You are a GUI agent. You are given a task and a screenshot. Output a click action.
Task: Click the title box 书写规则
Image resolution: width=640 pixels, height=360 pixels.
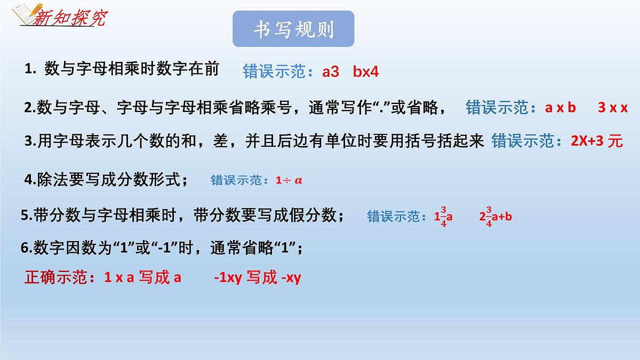(x=293, y=29)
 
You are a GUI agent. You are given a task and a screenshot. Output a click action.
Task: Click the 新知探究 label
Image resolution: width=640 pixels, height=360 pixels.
(x=69, y=19)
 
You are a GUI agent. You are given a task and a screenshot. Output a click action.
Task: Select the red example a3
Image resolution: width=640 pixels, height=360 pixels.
(x=331, y=72)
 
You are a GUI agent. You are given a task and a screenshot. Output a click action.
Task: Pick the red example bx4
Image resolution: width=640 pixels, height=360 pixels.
(x=366, y=72)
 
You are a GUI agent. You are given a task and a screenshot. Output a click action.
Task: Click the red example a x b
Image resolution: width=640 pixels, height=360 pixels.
(x=561, y=108)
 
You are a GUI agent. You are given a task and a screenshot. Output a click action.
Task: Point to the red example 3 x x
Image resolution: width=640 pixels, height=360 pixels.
(x=612, y=108)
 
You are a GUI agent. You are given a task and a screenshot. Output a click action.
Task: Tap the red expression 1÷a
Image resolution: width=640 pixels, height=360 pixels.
(x=289, y=180)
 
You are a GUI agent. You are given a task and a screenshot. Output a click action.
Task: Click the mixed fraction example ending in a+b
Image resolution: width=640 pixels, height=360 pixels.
(x=495, y=216)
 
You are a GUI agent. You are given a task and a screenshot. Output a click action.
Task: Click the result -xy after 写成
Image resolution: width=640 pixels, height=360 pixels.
(x=291, y=278)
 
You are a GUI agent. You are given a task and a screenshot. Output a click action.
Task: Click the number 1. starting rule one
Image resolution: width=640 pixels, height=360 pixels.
(x=30, y=69)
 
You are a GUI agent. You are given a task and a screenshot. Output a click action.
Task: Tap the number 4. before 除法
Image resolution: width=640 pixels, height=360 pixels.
(x=30, y=180)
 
